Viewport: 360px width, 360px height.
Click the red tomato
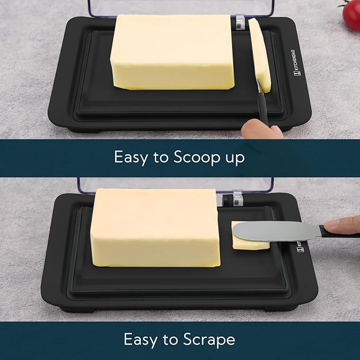351,14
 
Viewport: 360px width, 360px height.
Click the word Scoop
187,157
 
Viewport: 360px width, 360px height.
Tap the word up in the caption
233,159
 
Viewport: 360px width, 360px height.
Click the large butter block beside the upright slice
172,51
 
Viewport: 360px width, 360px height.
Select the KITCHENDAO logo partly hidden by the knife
299,245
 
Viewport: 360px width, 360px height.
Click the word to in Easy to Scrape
173,339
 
